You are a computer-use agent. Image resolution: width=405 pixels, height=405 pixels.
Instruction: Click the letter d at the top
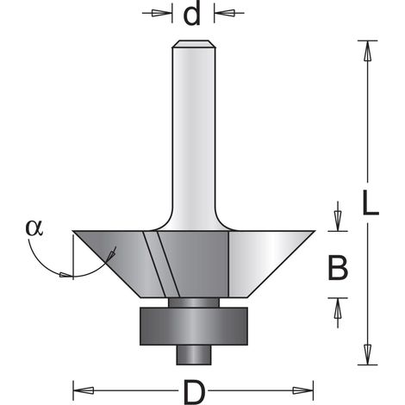pos(191,16)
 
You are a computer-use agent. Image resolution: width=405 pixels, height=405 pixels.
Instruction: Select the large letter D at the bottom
pos(194,392)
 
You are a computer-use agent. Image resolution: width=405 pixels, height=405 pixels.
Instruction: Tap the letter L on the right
pos(371,202)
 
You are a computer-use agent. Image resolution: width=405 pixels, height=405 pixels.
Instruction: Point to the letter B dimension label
pos(338,268)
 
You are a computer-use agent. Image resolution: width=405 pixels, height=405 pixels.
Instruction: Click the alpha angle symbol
pos(34,227)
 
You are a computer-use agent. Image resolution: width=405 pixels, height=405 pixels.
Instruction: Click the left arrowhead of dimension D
pos(84,390)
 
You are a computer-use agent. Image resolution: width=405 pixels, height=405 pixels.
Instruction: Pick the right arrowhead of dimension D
pos(302,390)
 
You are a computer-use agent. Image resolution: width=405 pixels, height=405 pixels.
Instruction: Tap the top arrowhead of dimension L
pos(367,51)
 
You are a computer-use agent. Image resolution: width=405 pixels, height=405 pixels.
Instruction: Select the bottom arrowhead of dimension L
pos(367,354)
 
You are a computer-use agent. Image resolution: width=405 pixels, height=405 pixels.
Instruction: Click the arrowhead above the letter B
pos(338,221)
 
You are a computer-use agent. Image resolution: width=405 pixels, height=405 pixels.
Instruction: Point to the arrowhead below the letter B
pos(338,308)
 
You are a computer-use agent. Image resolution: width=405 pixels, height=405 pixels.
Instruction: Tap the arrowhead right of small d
pos(225,13)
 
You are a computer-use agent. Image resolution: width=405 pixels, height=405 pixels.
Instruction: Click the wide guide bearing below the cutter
pos(194,326)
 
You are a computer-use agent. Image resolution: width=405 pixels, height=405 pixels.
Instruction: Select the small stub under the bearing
pos(194,355)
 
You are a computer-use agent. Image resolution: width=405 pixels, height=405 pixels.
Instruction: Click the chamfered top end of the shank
pos(194,44)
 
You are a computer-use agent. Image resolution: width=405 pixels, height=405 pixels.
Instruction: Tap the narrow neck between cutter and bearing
pos(194,302)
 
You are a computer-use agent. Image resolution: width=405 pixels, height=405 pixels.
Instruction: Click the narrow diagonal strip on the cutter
pos(161,264)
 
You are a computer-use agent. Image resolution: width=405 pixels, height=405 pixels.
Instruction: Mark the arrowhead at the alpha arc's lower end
pos(65,275)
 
